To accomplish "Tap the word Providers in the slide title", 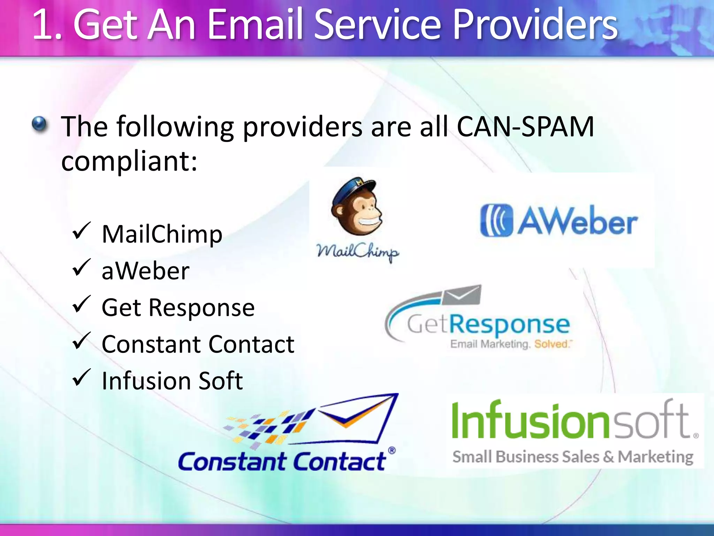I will click(535, 25).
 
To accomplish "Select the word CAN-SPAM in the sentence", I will click(525, 126).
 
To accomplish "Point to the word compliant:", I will click(129, 161).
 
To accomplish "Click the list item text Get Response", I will click(178, 308).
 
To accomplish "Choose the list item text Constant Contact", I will click(198, 344).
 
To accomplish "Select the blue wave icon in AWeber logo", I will click(496, 221).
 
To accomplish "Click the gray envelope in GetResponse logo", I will click(462, 295).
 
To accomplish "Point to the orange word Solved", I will click(551, 344).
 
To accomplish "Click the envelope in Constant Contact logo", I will click(356, 419).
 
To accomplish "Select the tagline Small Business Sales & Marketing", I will click(573, 457).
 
